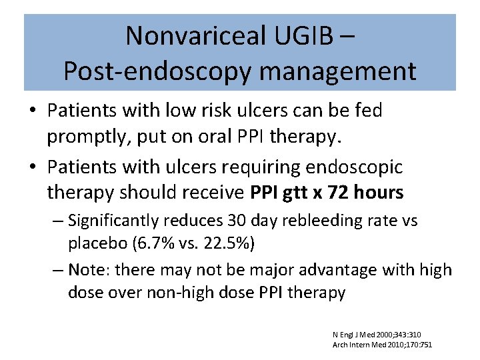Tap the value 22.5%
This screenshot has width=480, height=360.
click(227, 243)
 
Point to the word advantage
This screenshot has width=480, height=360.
click(341, 270)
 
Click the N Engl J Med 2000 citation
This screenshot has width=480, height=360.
click(377, 334)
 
